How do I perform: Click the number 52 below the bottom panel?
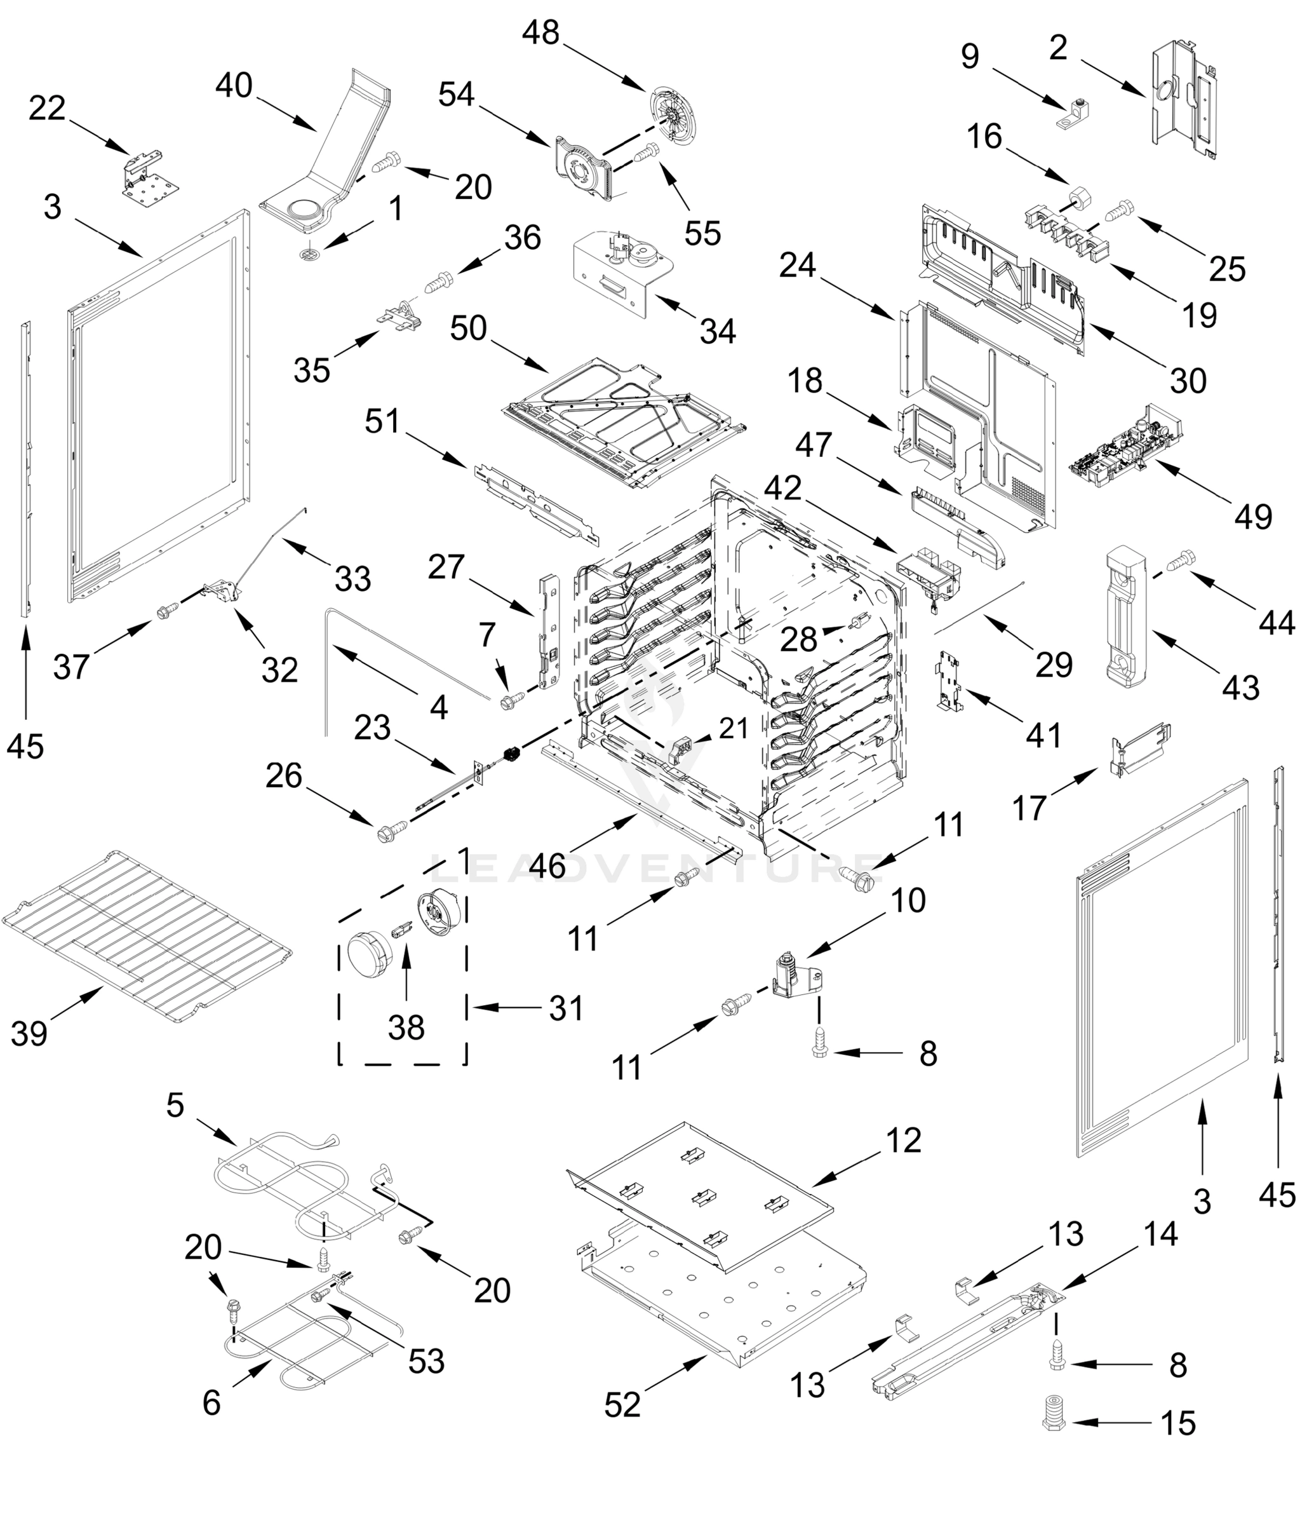[x=622, y=1405]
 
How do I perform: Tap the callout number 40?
[x=234, y=86]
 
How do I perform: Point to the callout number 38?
[x=406, y=1027]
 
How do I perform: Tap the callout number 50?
[x=469, y=329]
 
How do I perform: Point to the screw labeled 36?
[x=440, y=281]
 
